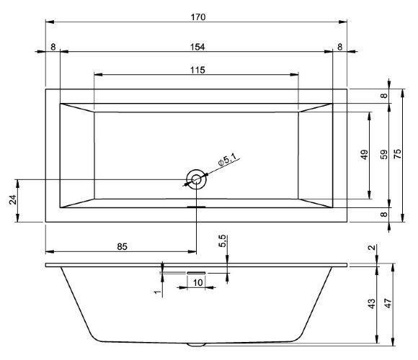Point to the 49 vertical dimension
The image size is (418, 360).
click(x=365, y=154)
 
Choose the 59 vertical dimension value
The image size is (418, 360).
click(x=384, y=154)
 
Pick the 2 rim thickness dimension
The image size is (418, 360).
click(x=371, y=248)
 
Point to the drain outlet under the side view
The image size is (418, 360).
click(x=195, y=344)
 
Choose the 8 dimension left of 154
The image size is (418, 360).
click(x=53, y=47)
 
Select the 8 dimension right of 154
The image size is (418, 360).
click(x=339, y=47)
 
